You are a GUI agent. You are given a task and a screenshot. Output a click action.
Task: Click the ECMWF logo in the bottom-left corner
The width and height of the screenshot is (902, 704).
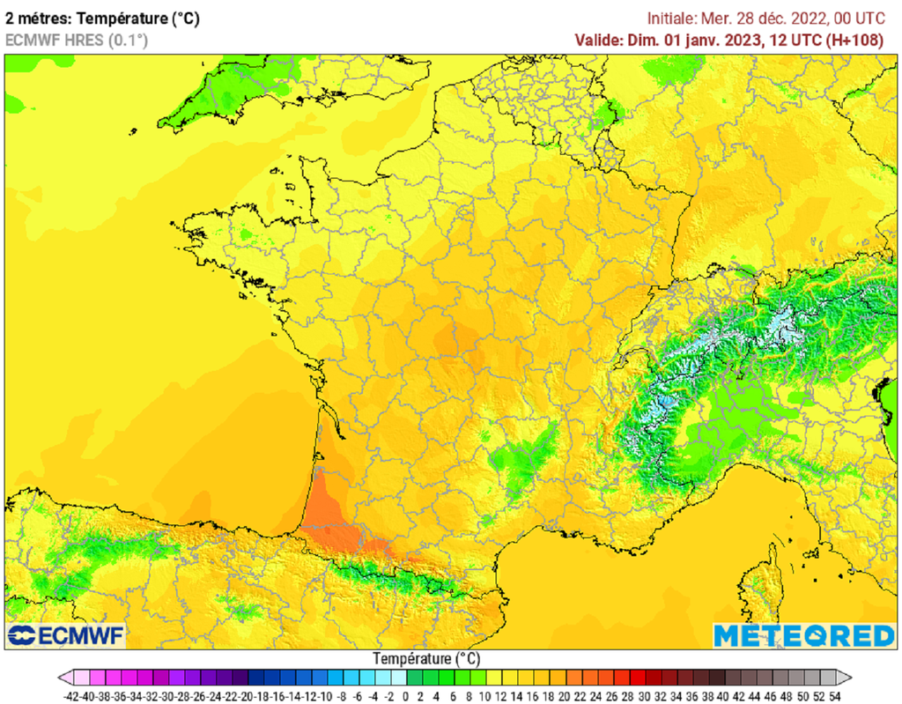tap(66, 635)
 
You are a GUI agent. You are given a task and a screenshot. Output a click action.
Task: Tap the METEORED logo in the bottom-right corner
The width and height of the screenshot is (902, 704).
tap(803, 635)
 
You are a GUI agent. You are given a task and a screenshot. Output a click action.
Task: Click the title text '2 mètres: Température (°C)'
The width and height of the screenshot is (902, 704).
tap(102, 19)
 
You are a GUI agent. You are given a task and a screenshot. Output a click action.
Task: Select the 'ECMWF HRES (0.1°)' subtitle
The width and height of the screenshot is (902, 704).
tap(77, 40)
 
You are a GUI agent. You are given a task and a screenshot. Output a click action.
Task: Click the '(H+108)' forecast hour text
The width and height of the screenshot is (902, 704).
tap(865, 40)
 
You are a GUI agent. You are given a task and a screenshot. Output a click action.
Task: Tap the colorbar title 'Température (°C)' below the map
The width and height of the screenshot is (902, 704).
tap(426, 658)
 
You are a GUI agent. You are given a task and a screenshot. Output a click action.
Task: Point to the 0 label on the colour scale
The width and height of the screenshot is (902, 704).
tap(406, 695)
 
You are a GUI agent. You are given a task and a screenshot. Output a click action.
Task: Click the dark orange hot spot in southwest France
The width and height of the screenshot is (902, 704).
tap(326, 515)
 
